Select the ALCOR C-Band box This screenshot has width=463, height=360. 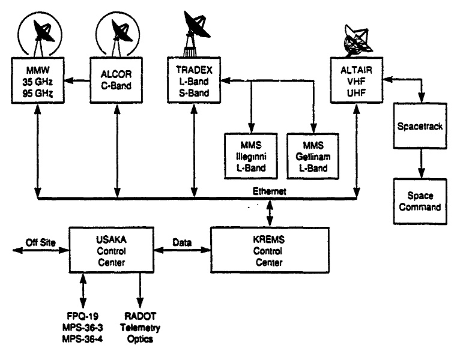114,79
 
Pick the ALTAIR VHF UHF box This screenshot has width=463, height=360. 356,79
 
